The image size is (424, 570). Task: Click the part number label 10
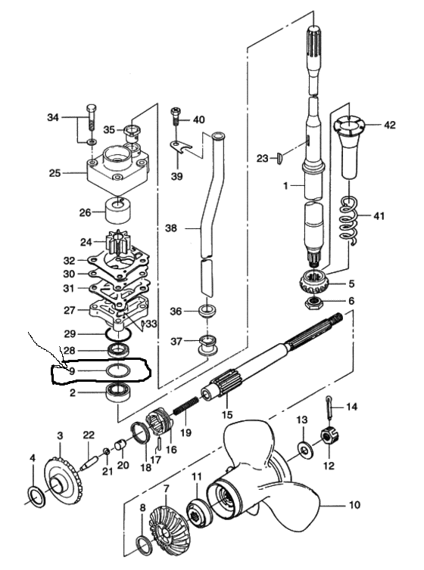click(x=354, y=504)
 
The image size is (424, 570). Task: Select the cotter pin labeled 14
click(x=329, y=407)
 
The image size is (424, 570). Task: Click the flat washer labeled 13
click(x=304, y=449)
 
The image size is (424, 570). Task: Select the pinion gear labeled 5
click(x=313, y=283)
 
